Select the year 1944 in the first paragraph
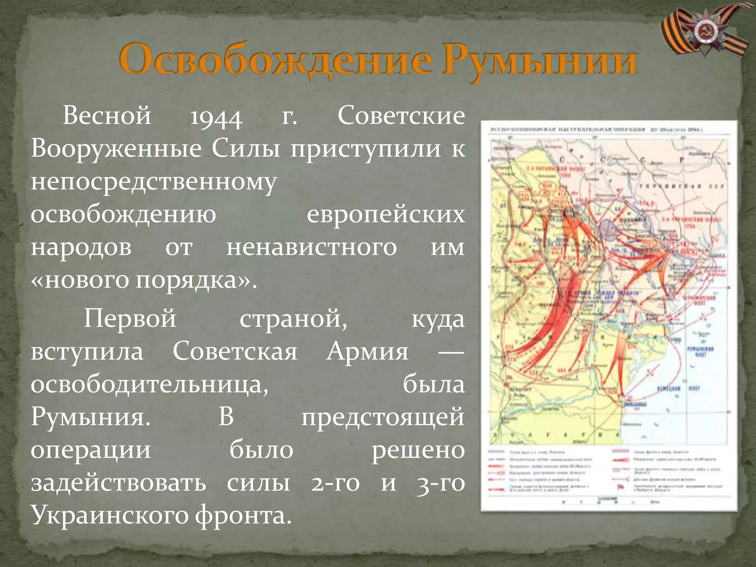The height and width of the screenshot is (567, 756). coord(216,117)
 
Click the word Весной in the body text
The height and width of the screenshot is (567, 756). coord(107,115)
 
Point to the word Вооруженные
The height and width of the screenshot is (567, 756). coord(116,149)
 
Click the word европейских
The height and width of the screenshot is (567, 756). coord(386,215)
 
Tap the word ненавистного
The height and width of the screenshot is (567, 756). coord(312,247)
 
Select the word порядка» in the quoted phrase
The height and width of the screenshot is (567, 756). coord(196,281)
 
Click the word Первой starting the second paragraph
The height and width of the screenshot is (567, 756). coord(130,318)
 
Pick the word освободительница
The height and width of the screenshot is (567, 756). coord(149,384)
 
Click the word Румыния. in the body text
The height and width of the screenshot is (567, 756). coord(91,417)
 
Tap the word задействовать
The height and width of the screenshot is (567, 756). coord(118,483)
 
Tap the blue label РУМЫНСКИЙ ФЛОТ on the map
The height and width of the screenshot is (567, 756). coord(700,351)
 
